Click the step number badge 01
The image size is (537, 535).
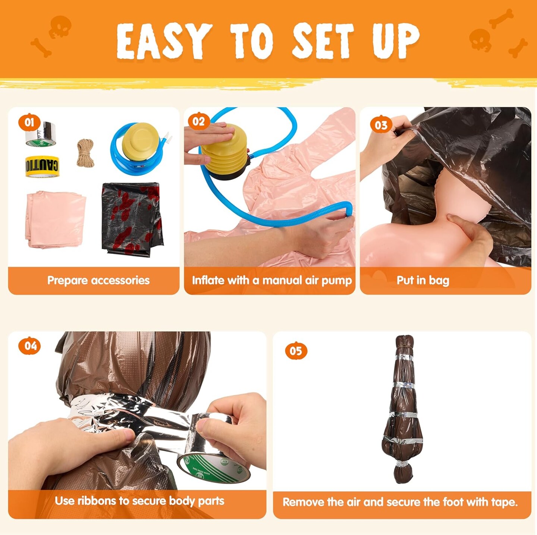coord(29,122)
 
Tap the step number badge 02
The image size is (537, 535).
coord(199,121)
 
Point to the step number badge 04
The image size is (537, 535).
coord(29,346)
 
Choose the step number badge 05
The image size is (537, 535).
coord(296,351)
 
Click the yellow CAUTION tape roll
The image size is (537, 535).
coord(42,166)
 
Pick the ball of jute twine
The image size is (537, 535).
coord(85,153)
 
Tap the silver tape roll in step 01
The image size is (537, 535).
coord(40,134)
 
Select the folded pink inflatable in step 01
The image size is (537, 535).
coord(56,219)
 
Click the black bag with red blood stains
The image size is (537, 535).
coord(132,219)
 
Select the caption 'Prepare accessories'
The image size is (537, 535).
coord(98,280)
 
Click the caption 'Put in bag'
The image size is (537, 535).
coord(423,281)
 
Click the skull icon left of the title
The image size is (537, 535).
coord(60,27)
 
